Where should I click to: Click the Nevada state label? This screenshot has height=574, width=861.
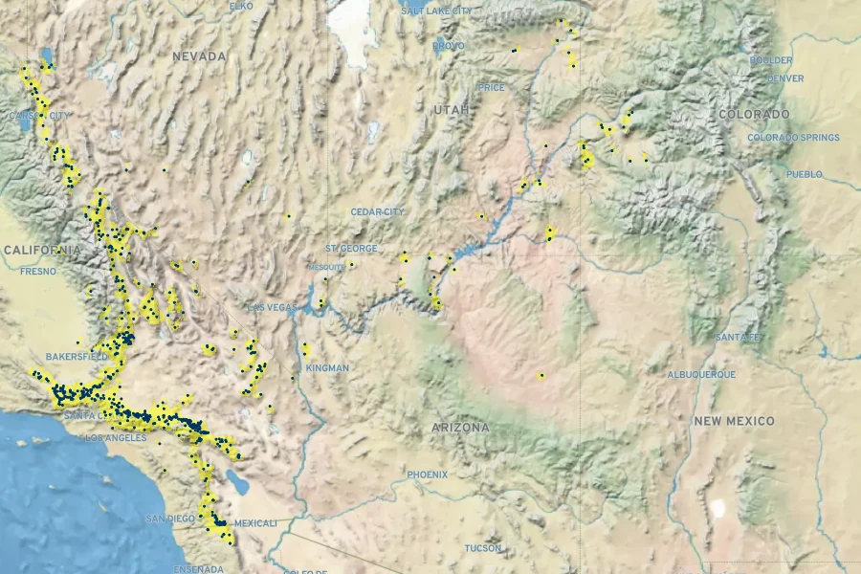coord(199,56)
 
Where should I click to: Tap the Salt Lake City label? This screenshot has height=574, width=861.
coord(436,11)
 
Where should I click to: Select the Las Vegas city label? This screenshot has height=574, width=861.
coord(273,307)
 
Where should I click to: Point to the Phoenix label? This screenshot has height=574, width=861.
coord(427,475)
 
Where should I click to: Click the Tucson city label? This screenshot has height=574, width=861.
coord(482,548)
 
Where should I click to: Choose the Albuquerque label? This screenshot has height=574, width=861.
coord(700,374)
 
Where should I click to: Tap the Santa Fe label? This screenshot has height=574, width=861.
coord(738,338)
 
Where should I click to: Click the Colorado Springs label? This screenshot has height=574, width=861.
coord(793,138)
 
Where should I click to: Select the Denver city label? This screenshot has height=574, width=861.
coord(785,78)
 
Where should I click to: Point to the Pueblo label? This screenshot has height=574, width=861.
coord(804,174)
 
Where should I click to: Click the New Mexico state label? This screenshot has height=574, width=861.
coord(733,421)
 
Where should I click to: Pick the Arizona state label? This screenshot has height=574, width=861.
coord(460,428)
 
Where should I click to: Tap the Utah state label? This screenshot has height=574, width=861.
coord(452,110)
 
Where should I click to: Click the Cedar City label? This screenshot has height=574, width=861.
coord(377,211)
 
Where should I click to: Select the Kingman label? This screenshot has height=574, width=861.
coord(327,368)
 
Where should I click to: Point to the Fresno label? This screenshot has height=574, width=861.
coord(38,272)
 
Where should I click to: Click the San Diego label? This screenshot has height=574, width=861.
coord(170,519)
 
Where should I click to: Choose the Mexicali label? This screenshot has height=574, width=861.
coord(255,523)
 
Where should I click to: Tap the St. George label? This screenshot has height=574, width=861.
coord(351,249)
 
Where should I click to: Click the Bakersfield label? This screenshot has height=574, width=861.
coord(77,356)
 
